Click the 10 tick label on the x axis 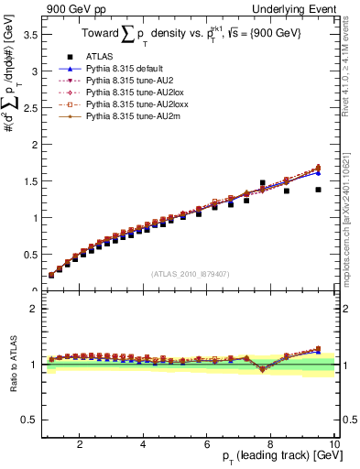[x=334, y=444]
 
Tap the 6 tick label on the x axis [x=207, y=444]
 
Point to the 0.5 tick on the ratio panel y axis [x=28, y=420]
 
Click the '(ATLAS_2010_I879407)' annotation [x=190, y=273]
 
